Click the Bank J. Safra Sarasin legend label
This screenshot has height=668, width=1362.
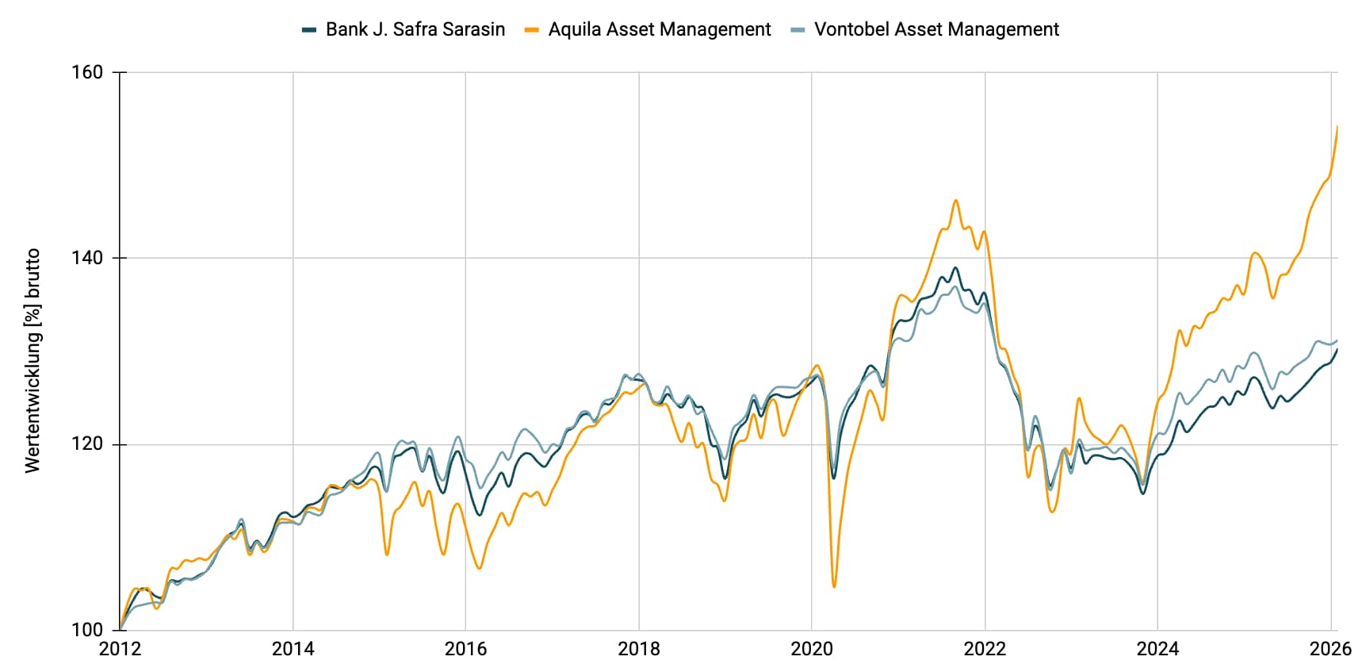415,29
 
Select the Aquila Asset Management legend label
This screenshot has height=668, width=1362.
659,29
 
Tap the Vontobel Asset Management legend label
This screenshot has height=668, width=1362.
936,29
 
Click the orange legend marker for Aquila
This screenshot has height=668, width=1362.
532,29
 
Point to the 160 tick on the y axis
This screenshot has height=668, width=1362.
87,72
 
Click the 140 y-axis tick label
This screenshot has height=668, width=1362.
87,258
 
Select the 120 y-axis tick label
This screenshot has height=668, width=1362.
87,444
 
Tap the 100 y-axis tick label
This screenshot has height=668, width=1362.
87,630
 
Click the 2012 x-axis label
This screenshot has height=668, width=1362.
120,649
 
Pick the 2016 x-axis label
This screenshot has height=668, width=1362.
465,649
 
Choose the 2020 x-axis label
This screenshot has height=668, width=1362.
812,649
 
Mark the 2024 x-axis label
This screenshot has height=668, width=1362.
1157,649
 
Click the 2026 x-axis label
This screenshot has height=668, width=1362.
1330,649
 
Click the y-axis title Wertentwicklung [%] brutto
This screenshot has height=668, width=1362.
33,361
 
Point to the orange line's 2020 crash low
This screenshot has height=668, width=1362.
834,586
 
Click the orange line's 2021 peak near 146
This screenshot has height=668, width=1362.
955,200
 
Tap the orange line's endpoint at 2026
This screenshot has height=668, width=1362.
1337,126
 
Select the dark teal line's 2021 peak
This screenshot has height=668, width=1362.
955,268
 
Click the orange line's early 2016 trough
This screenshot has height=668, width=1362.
479,568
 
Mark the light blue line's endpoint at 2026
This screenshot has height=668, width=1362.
1337,340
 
